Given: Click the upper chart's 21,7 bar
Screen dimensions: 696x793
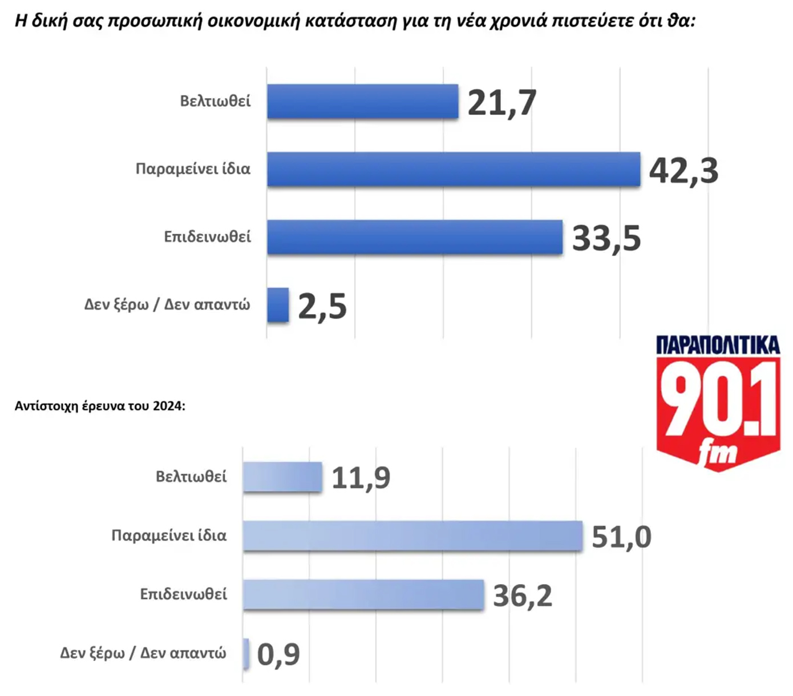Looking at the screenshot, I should click(362, 102).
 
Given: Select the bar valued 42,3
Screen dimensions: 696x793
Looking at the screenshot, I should click(454, 169).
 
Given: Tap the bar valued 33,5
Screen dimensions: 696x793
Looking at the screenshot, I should click(415, 237).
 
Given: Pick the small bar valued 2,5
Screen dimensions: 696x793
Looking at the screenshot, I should click(278, 305).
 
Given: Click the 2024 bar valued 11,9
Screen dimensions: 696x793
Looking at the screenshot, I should click(282, 477).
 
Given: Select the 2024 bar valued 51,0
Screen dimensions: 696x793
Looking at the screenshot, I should click(412, 536).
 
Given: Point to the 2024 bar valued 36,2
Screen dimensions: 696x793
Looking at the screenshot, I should click(363, 594).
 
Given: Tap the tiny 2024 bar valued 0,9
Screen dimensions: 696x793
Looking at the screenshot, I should click(246, 653).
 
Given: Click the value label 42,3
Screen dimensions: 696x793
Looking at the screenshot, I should click(683, 170).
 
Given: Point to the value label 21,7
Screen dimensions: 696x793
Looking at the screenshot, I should click(501, 103).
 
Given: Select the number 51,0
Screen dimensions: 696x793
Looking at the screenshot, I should click(621, 537).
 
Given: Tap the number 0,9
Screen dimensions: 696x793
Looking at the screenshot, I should click(278, 654).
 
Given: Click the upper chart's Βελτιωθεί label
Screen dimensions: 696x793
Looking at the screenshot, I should click(215, 101).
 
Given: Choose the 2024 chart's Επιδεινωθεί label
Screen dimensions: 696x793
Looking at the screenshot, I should click(183, 594).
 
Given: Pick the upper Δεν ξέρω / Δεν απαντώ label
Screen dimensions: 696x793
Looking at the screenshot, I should click(167, 304).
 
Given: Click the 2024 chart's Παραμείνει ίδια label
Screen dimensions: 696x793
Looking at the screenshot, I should click(169, 536).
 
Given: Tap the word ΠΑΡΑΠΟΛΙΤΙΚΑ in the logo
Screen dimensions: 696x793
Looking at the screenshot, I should click(718, 345).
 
